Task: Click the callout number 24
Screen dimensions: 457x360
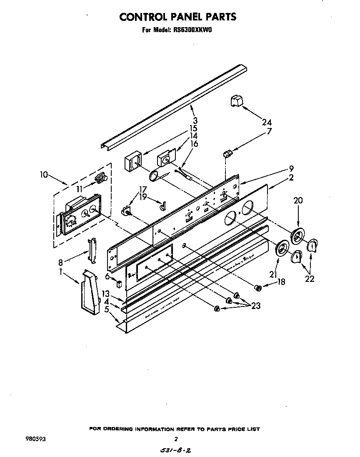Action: pos(267,122)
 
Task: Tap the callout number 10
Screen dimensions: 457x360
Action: pos(44,175)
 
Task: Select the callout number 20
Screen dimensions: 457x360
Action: pos(298,200)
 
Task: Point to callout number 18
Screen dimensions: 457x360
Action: pos(281,282)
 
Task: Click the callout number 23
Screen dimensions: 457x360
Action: pos(256,306)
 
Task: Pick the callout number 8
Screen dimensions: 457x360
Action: pos(61,263)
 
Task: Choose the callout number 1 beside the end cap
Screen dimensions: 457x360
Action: pos(61,271)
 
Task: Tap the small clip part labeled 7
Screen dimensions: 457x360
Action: pos(228,154)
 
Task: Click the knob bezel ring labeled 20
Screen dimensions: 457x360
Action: pos(297,237)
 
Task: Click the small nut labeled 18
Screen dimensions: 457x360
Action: pos(258,287)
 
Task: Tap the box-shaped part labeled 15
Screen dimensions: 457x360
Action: pos(133,161)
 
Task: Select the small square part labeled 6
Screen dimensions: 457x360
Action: pos(119,284)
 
